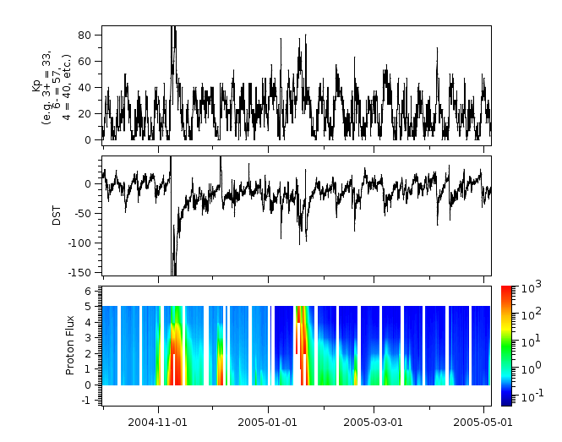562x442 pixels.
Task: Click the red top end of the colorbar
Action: (507, 290)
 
